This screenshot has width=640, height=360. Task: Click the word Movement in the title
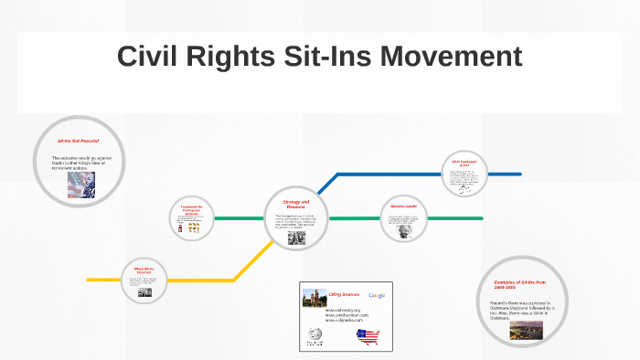[450, 57]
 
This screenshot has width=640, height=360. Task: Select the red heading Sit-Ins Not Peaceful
[78, 142]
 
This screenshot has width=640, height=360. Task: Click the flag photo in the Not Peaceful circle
[80, 185]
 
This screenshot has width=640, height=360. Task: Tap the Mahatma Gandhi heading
[403, 206]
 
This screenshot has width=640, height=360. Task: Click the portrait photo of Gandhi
[402, 229]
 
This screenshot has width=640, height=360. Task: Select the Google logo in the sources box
[377, 295]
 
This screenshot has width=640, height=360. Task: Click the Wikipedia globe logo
[315, 335]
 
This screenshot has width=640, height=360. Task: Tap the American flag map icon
[368, 336]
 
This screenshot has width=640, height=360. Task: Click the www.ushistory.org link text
[343, 310]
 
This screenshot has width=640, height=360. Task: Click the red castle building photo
[314, 297]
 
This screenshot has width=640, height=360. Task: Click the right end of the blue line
[519, 174]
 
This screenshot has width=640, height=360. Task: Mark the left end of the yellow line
[89, 279]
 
